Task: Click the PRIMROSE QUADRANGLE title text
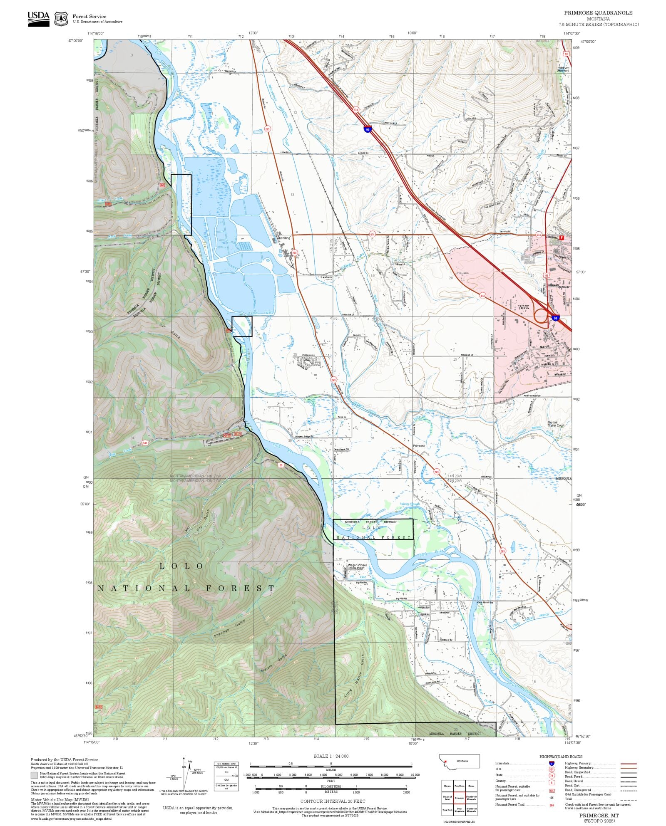click(598, 12)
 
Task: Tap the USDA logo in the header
click(38, 18)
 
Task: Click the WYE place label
click(524, 307)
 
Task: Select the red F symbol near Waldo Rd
click(561, 237)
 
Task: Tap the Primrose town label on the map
click(419, 445)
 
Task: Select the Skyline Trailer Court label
click(556, 424)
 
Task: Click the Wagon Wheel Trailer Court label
click(357, 566)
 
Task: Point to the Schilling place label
click(285, 238)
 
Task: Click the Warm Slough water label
click(410, 504)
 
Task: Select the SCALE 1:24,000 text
click(331, 756)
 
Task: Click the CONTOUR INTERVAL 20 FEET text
click(333, 801)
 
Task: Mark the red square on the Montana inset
click(445, 762)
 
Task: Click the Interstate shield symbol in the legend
click(552, 763)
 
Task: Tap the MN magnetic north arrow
click(190, 761)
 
